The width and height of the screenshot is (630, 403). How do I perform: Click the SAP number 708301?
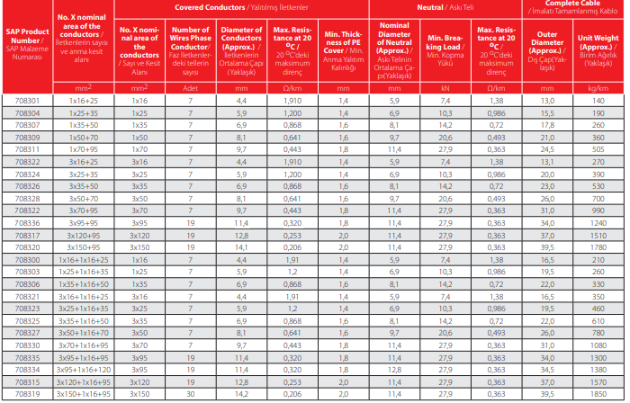pyautogui.click(x=27, y=101)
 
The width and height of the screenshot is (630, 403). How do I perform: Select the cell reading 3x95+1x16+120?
pyautogui.click(x=84, y=370)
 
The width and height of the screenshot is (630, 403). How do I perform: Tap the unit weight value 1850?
pyautogui.click(x=598, y=394)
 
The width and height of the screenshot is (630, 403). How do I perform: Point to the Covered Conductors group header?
pyautogui.click(x=241, y=7)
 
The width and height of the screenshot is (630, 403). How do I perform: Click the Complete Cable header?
pyautogui.click(x=572, y=7)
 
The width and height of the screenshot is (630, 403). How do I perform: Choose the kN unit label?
pyautogui.click(x=445, y=88)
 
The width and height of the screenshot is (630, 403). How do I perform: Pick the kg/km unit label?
pyautogui.click(x=598, y=88)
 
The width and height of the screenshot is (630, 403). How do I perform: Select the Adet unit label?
pyautogui.click(x=191, y=88)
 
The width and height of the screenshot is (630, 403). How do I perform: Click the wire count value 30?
pyautogui.click(x=191, y=394)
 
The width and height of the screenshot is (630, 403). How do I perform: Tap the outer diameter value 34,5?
pyautogui.click(x=547, y=370)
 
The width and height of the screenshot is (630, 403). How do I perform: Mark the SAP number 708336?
pyautogui.click(x=27, y=223)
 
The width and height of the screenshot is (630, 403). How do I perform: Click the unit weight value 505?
pyautogui.click(x=598, y=149)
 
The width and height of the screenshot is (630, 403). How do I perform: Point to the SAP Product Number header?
pyautogui.click(x=27, y=44)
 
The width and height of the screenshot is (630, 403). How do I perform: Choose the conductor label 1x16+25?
pyautogui.click(x=84, y=101)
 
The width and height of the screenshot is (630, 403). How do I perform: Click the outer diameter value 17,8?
pyautogui.click(x=547, y=125)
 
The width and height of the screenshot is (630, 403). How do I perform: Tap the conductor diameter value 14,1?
pyautogui.click(x=241, y=247)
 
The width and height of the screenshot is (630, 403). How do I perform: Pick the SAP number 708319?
pyautogui.click(x=27, y=394)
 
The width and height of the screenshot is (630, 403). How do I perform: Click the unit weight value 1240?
pyautogui.click(x=598, y=223)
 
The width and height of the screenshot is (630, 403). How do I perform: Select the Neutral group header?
pyautogui.click(x=445, y=7)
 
